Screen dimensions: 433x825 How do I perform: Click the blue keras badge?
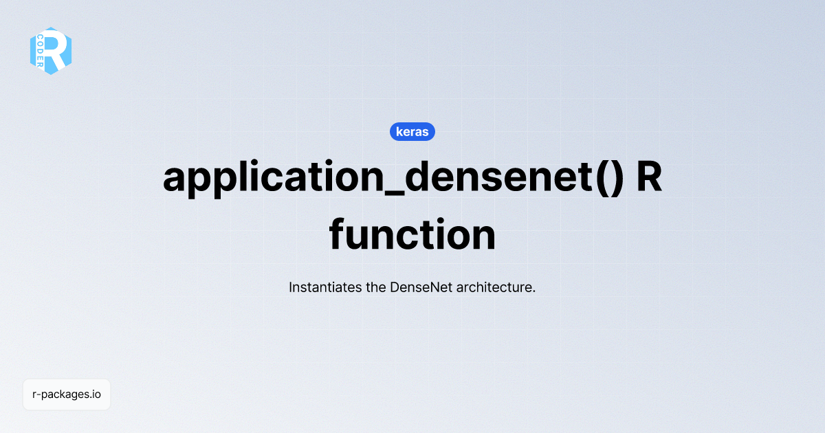coord(412,131)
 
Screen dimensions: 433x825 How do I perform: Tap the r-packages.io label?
coord(67,395)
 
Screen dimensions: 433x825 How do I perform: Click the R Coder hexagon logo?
coord(51,51)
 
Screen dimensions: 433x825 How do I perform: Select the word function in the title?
coord(412,236)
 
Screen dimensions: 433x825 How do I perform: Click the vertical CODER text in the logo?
coord(41,51)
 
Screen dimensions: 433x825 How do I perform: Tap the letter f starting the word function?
coord(338,236)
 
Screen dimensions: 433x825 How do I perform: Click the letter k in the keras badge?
coord(399,131)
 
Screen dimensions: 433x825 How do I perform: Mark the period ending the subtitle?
coord(533,291)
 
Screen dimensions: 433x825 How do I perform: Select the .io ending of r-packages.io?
coord(96,395)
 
